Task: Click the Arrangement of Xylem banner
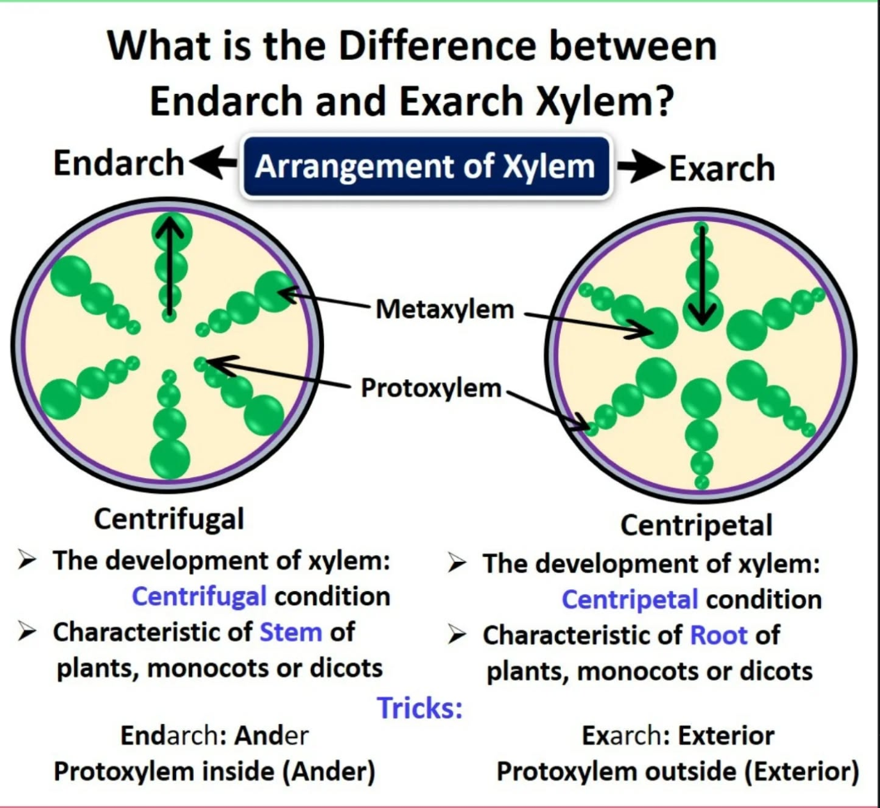(425, 167)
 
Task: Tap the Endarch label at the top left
(118, 163)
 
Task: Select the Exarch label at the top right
(721, 169)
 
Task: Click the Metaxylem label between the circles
(445, 310)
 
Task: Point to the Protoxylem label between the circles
(431, 387)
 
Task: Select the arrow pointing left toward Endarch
(213, 165)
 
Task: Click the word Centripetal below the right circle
(696, 525)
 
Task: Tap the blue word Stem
(290, 632)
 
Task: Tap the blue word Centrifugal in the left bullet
(199, 596)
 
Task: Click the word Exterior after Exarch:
(725, 736)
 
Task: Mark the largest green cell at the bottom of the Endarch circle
(170, 457)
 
